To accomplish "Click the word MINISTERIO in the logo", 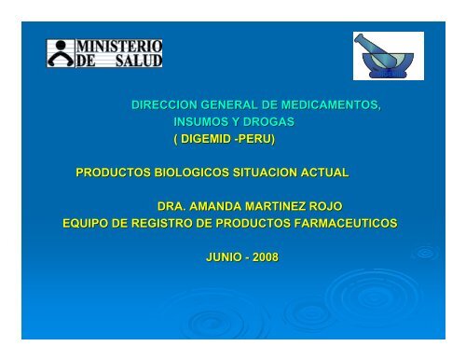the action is click(119, 47).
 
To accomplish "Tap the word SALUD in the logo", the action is click(139, 61).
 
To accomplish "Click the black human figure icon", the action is click(61, 53).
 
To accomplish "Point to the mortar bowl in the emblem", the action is click(388, 64).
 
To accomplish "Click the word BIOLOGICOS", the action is click(192, 173).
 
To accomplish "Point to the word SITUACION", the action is click(265, 173).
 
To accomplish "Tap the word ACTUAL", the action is click(324, 173).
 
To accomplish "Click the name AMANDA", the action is click(215, 206).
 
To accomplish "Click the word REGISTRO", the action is click(161, 223).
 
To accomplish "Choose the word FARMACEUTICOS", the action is click(346, 223).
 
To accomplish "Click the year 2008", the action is click(266, 257).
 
